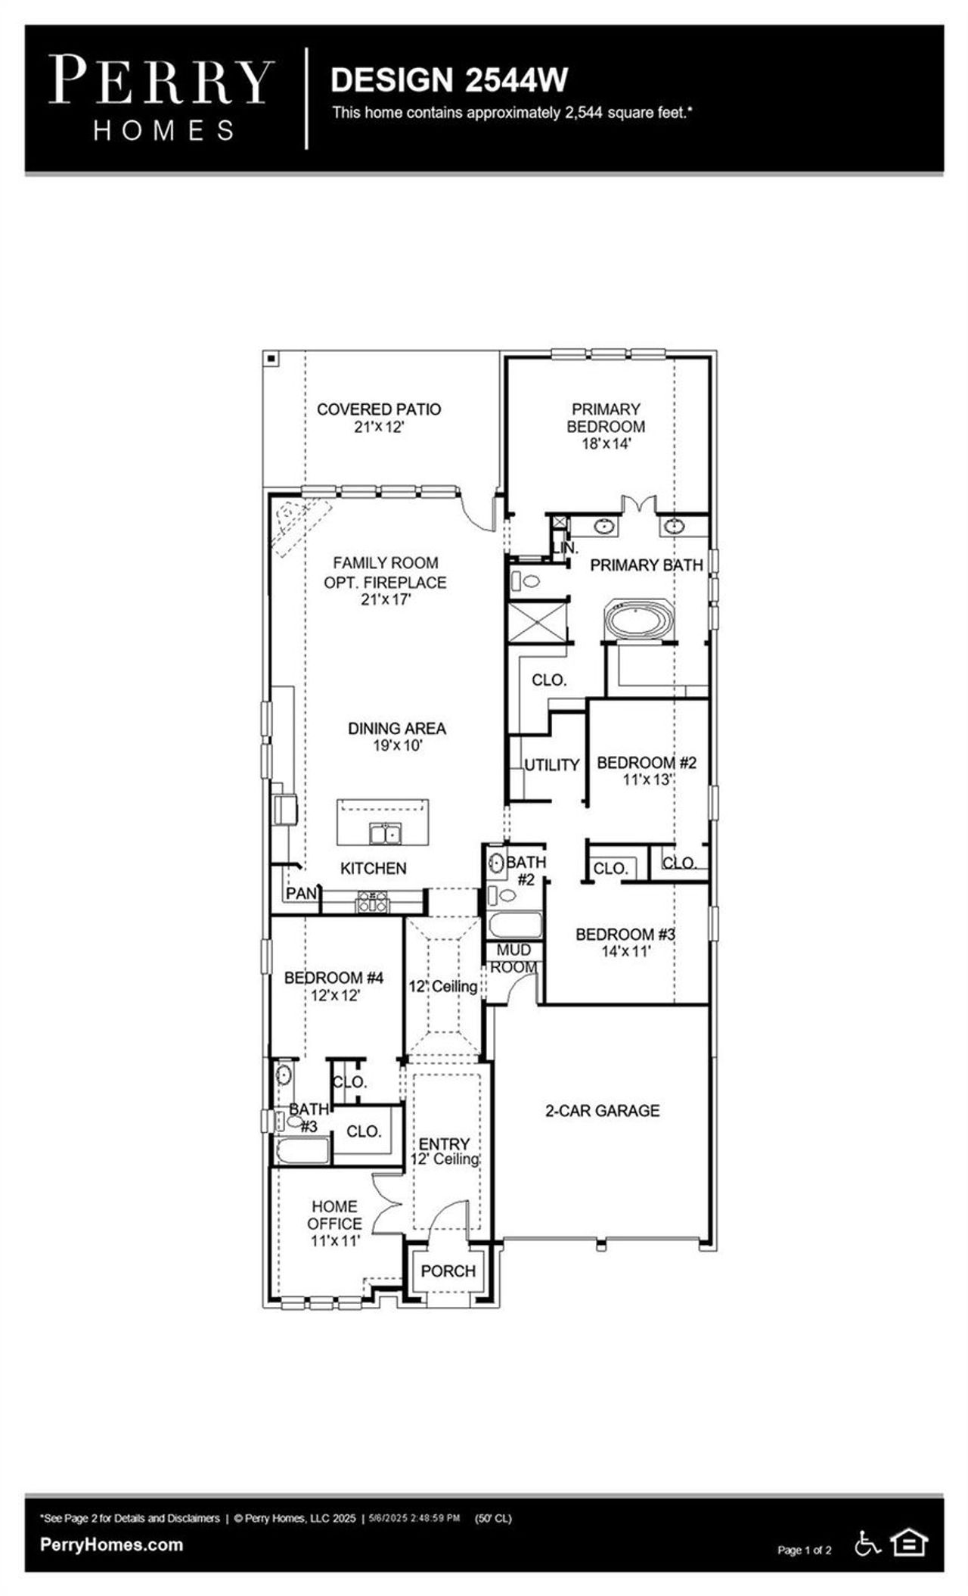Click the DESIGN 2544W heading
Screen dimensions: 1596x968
(449, 80)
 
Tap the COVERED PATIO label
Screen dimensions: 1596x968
(378, 409)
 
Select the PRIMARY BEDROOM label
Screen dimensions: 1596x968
(606, 417)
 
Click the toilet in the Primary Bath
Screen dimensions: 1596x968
(526, 582)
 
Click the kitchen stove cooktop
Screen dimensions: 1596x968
(373, 901)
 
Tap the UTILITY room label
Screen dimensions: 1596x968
(552, 765)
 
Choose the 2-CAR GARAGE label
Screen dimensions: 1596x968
(602, 1111)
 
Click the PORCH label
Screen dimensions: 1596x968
(448, 1271)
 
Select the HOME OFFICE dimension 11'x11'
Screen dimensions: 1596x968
(335, 1240)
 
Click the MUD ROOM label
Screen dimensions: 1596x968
(514, 958)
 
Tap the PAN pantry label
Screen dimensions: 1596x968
(301, 894)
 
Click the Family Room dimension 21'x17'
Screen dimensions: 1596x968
(386, 600)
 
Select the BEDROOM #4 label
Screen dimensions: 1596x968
(334, 978)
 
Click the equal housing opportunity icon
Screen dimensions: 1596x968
(909, 1542)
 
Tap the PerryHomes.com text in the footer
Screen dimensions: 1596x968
(111, 1545)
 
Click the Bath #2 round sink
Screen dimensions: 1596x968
(497, 862)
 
